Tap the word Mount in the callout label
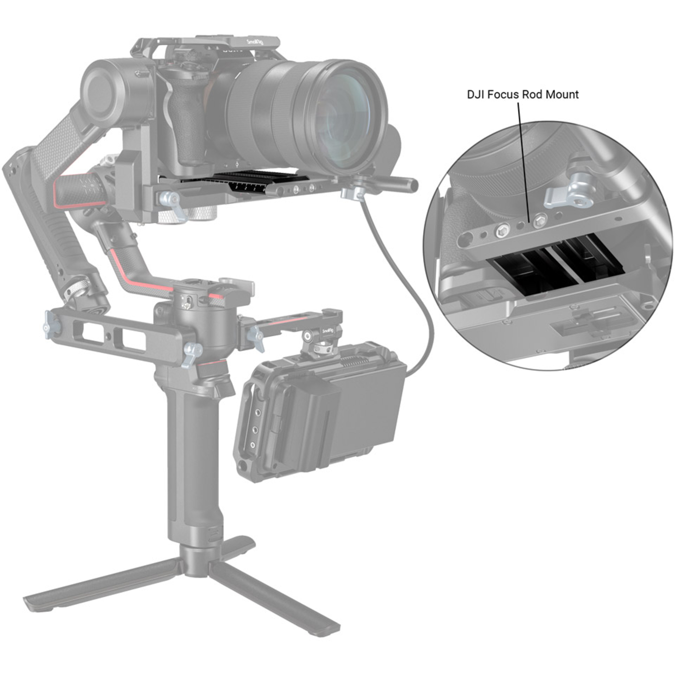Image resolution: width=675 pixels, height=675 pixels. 562,94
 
